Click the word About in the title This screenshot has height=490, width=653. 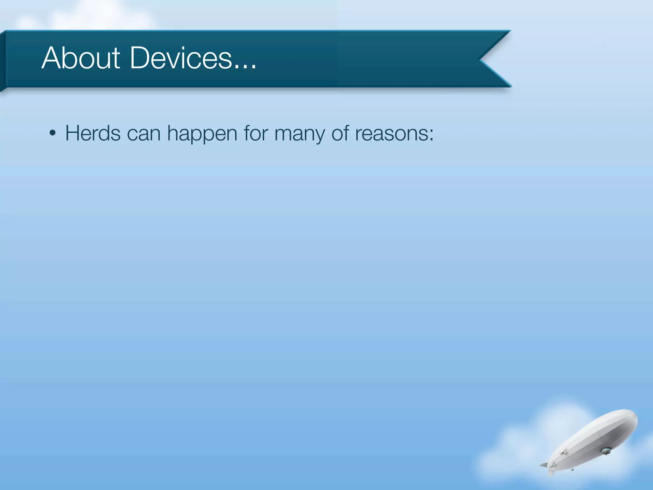pyautogui.click(x=81, y=58)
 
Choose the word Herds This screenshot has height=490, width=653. pyautogui.click(x=93, y=133)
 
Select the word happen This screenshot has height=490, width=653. pyautogui.click(x=202, y=134)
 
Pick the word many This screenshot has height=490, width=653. pyautogui.click(x=299, y=134)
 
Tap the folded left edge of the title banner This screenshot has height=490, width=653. pyautogui.click(x=3, y=61)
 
